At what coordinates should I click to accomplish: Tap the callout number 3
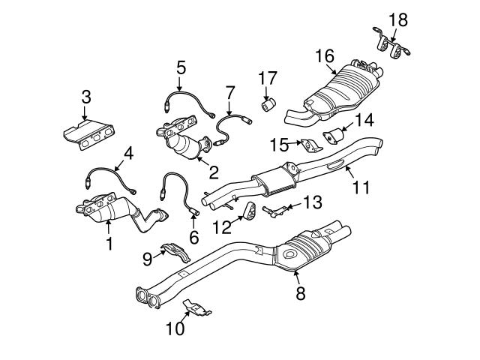coord(86,96)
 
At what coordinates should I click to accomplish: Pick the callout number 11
coord(361,186)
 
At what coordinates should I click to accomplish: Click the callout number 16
coord(323,55)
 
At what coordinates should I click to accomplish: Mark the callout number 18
coord(397,18)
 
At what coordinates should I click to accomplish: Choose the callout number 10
coord(174,328)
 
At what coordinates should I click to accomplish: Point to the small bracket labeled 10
coord(196,307)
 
